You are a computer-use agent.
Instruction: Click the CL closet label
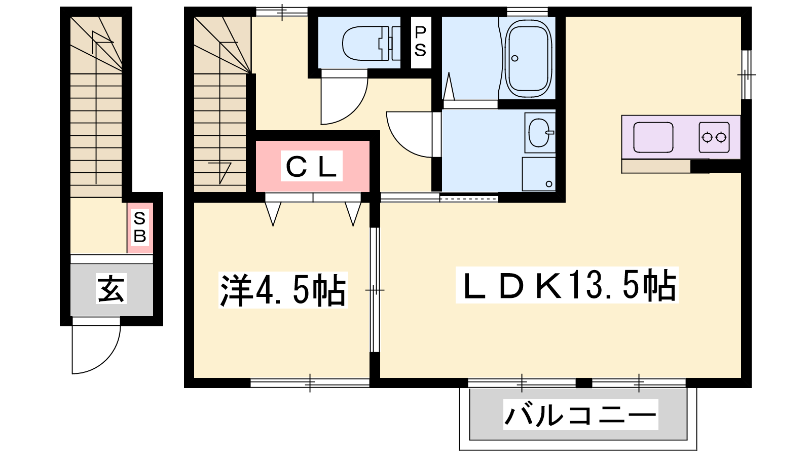(311, 166)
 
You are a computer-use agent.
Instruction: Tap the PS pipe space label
(420, 42)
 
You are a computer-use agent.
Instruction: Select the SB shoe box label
(140, 227)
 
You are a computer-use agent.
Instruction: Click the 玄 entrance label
(111, 288)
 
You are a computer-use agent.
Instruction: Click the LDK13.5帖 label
(567, 285)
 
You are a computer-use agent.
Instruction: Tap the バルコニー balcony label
(580, 415)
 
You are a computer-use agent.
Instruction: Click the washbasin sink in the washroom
(539, 132)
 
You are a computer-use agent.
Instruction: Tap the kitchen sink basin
(653, 137)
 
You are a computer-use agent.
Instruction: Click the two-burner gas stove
(714, 137)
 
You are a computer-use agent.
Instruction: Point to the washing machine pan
(539, 174)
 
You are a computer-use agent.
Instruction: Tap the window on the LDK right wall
(746, 74)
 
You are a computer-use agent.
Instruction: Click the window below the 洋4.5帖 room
(310, 383)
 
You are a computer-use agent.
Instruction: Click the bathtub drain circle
(514, 58)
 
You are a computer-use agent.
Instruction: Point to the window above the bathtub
(528, 12)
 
